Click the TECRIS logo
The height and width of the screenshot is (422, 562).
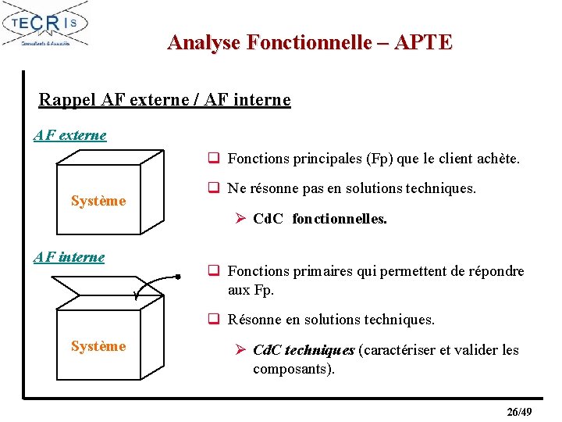click(x=46, y=26)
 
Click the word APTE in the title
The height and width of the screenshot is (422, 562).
click(x=423, y=42)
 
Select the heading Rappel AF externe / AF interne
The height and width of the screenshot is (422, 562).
click(x=165, y=100)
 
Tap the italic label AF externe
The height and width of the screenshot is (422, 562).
click(x=70, y=135)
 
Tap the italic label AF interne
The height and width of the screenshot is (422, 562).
click(x=69, y=256)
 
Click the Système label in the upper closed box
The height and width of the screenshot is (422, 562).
click(x=98, y=201)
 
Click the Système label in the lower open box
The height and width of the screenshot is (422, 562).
click(x=98, y=346)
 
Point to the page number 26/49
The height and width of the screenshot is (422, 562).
click(x=519, y=412)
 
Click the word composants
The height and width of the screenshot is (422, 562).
click(x=292, y=369)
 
